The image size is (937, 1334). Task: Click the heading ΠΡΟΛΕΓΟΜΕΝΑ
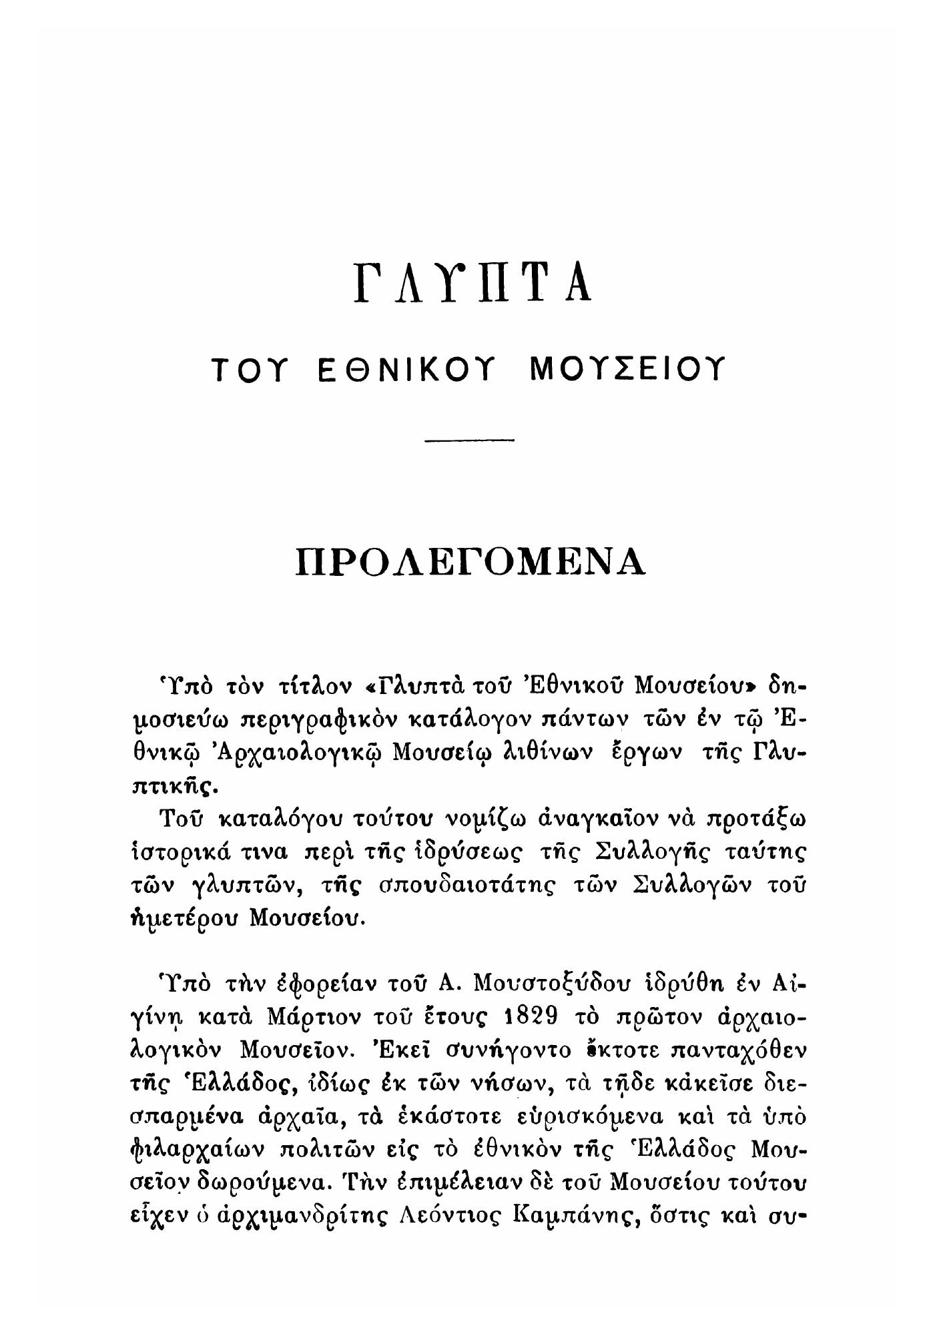[x=471, y=561]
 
